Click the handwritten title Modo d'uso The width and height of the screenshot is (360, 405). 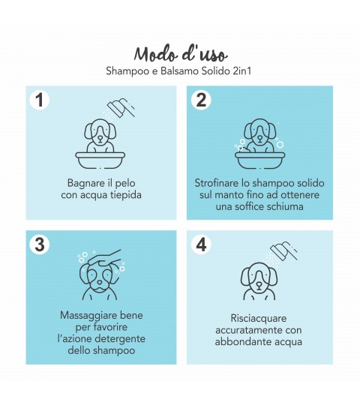(x=181, y=54)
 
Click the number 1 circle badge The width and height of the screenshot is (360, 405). (x=40, y=100)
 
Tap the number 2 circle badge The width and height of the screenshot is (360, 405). (x=201, y=100)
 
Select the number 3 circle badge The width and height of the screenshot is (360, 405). (x=40, y=244)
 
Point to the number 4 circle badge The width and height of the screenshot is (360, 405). (x=201, y=244)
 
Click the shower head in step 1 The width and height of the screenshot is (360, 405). (x=121, y=108)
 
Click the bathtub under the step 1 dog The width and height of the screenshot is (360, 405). (x=100, y=160)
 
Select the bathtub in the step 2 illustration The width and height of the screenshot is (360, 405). (x=260, y=160)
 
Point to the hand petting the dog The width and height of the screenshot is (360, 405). (x=104, y=259)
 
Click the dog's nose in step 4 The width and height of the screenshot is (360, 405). (x=259, y=285)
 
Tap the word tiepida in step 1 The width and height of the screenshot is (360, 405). (x=126, y=195)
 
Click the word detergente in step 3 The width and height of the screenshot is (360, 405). (x=123, y=339)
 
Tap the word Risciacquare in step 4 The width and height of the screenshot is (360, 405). (x=259, y=319)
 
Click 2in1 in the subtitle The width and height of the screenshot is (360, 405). (x=241, y=71)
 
